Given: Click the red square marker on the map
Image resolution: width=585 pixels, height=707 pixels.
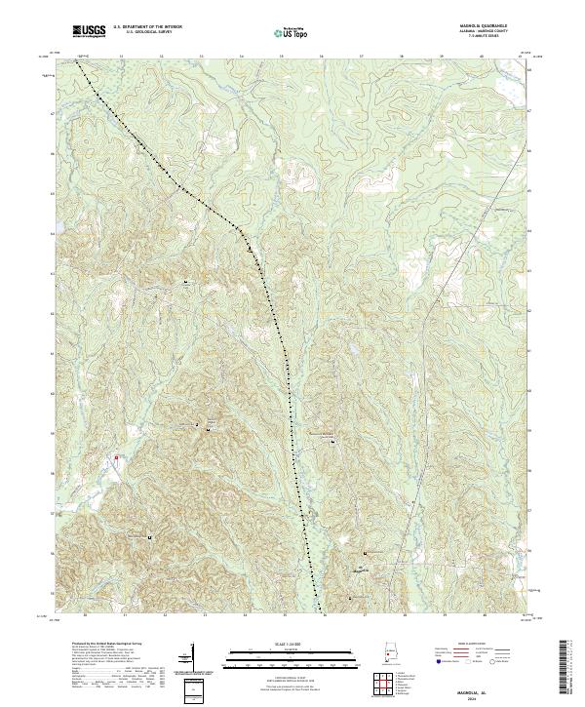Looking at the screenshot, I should click(x=115, y=455).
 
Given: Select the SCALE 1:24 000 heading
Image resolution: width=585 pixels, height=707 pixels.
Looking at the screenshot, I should click(x=279, y=643).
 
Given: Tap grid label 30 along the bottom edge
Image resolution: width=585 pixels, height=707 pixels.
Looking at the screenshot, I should click(x=86, y=615).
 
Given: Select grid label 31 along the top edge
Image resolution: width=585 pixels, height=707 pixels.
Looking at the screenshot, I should click(x=121, y=58).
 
